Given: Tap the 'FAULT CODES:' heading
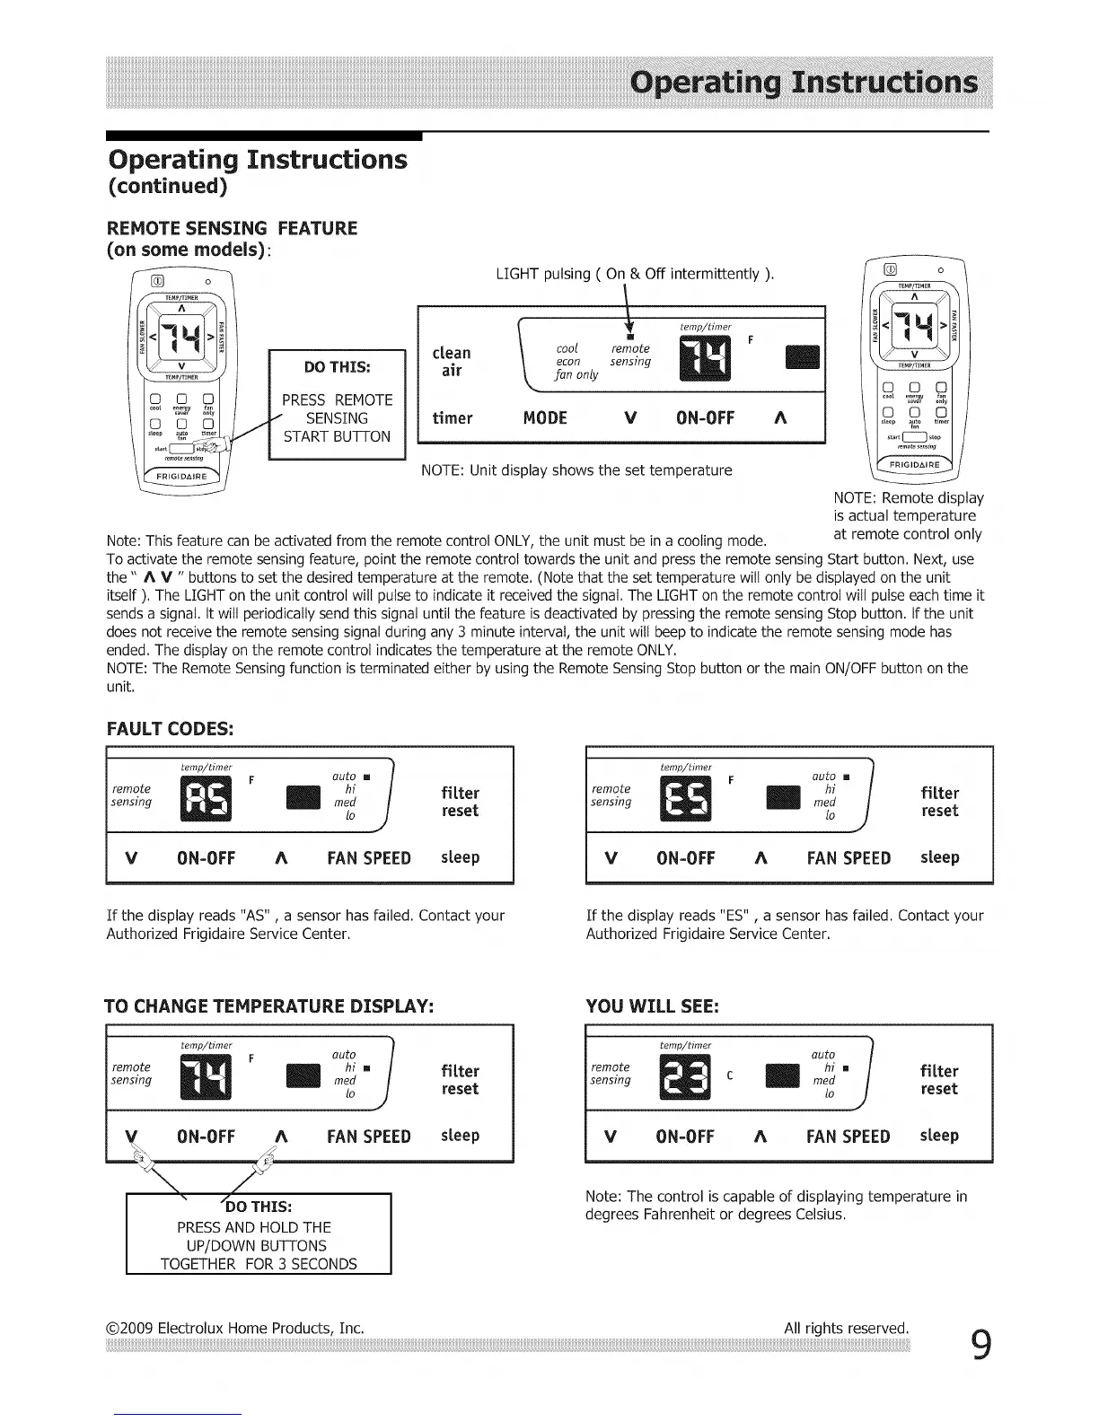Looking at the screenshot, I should point(170,728).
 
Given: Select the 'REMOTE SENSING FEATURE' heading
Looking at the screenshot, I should point(232,228).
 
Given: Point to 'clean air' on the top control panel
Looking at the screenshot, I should point(451,361).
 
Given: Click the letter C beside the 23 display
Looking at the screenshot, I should point(731,1075).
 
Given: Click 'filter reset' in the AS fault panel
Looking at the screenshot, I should point(460,802).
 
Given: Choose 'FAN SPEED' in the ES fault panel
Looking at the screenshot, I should point(848,858).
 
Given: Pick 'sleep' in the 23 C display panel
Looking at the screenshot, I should point(939,1136).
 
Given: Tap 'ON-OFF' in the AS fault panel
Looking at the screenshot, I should point(207,858).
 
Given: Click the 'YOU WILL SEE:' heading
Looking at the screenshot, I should point(652,1006).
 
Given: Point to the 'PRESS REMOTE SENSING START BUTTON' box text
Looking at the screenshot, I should point(337,418).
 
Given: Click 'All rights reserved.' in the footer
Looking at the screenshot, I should point(846,1328).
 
